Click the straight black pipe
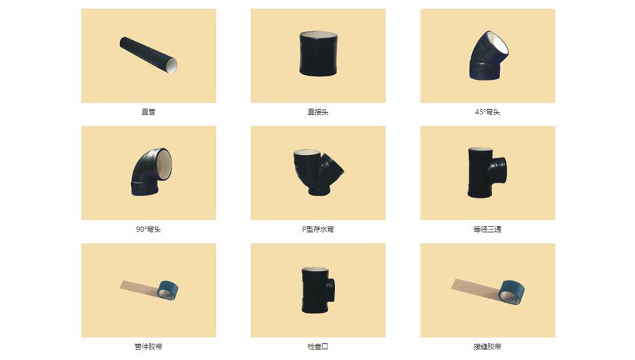tap(148, 54)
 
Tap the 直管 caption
tap(148, 112)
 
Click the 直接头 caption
tap(317, 112)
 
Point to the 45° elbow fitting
tap(486, 55)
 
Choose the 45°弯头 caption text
tap(488, 112)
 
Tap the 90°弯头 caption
tap(148, 229)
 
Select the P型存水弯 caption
tap(317, 229)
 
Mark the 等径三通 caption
tap(488, 229)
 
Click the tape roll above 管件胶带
tap(167, 288)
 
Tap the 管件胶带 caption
tap(148, 347)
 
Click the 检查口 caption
tap(317, 347)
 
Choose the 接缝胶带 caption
tap(488, 347)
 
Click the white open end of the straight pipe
tap(171, 66)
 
